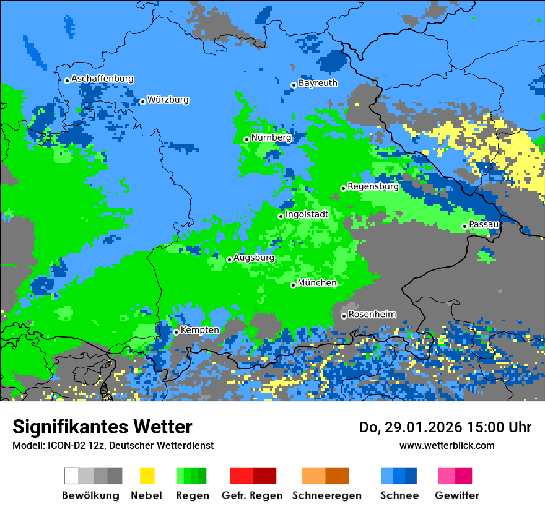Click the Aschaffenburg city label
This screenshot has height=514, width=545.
(x=102, y=79)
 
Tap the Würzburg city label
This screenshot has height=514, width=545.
(x=168, y=100)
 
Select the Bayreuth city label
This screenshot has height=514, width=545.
(x=318, y=83)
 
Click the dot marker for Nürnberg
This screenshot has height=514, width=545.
(x=246, y=139)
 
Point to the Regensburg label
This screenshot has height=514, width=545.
(x=373, y=186)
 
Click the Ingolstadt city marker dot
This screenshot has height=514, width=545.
(x=281, y=216)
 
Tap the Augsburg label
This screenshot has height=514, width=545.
(x=254, y=258)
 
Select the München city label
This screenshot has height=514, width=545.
(x=317, y=283)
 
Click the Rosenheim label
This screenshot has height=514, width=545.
(x=372, y=315)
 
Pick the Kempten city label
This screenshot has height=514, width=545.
(x=199, y=330)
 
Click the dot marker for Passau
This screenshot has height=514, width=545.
(x=464, y=226)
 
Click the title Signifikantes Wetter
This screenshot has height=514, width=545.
(x=102, y=427)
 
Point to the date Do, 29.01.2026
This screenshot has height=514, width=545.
(x=401, y=427)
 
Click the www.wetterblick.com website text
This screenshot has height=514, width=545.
(x=447, y=445)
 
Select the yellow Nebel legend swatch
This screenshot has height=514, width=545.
(x=147, y=476)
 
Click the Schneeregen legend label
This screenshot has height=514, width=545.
(x=327, y=495)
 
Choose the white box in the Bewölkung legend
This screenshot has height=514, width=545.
(x=71, y=476)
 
